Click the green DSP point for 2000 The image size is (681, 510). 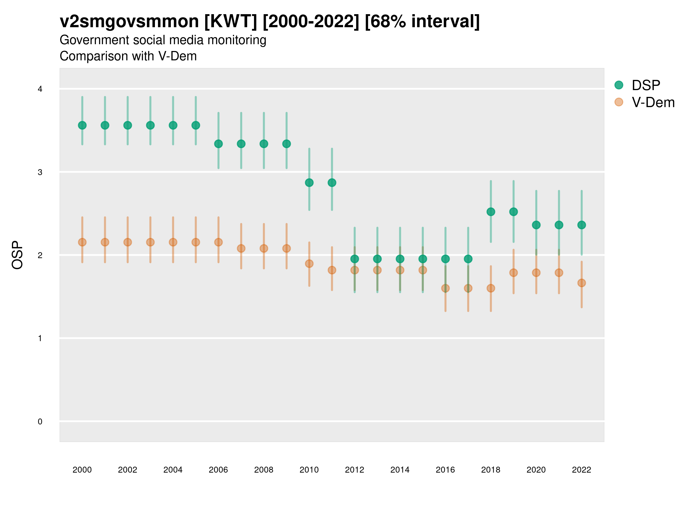click(82, 126)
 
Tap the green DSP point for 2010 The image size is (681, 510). click(309, 182)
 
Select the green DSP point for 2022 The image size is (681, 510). click(582, 225)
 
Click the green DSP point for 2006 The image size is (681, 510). click(218, 144)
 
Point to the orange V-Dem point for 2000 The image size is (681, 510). click(82, 242)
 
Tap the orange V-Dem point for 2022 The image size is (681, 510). click(582, 283)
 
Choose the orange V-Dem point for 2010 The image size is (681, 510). click(309, 264)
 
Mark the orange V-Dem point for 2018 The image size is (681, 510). click(491, 288)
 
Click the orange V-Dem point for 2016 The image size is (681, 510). click(445, 288)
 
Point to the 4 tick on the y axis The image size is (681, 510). click(40, 89)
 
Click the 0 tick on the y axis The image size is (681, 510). click(40, 422)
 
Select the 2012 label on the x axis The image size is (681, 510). click(355, 470)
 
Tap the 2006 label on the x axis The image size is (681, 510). click(218, 470)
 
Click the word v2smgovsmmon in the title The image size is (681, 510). click(129, 22)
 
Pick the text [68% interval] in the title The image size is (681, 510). click(422, 22)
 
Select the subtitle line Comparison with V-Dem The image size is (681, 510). click(128, 56)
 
